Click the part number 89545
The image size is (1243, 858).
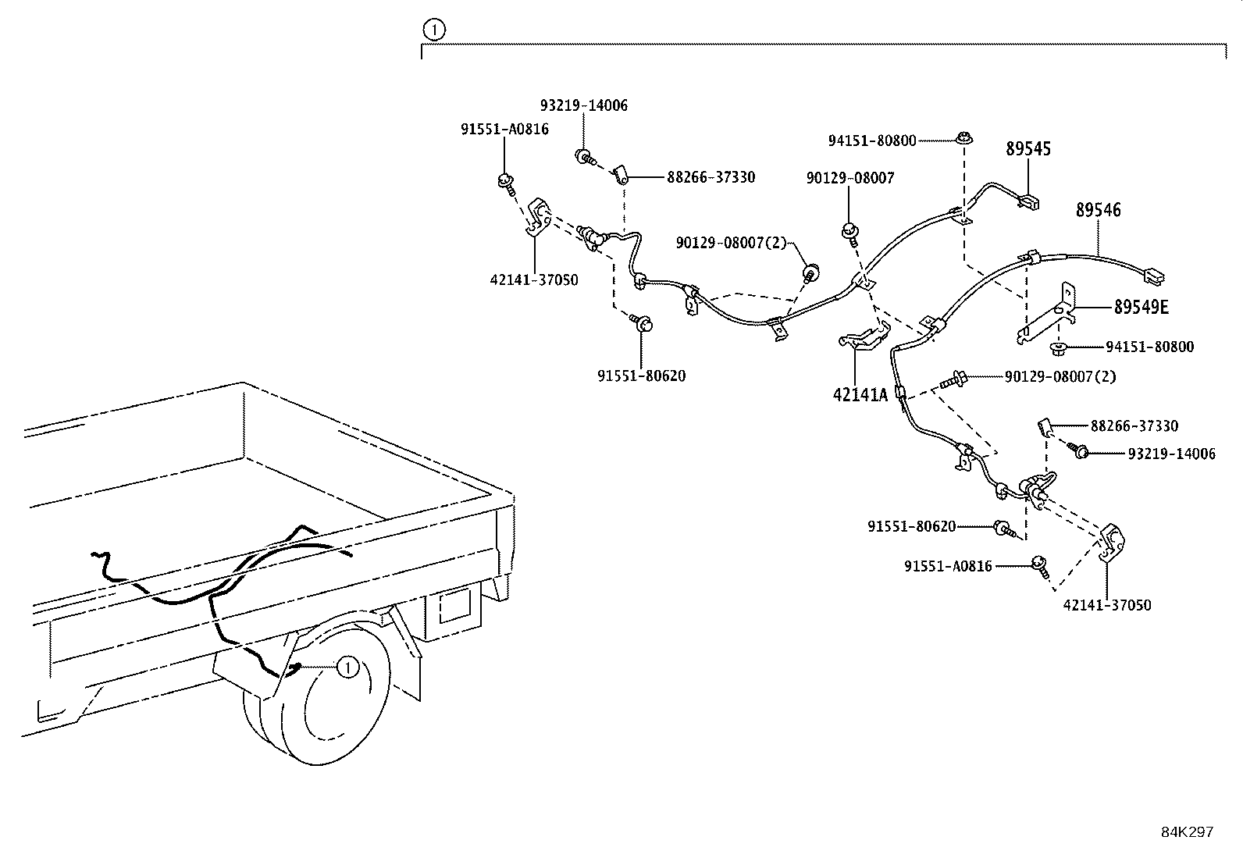(x=1028, y=148)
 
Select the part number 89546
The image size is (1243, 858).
(x=1098, y=209)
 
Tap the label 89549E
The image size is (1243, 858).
(x=1141, y=307)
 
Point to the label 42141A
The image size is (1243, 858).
(x=860, y=395)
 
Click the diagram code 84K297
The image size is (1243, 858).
(x=1187, y=832)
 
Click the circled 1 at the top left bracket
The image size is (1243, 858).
(x=434, y=30)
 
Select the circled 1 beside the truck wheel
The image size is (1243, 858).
(x=347, y=667)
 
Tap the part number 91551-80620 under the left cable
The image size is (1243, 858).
(x=641, y=376)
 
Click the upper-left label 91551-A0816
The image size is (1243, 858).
(x=504, y=130)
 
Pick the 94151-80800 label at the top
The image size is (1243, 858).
(x=871, y=141)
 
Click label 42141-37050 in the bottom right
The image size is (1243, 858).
(x=1106, y=605)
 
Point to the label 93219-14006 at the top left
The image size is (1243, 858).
(x=583, y=105)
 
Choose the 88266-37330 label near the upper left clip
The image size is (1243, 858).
(x=711, y=177)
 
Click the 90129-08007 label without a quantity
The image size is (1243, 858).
(x=849, y=178)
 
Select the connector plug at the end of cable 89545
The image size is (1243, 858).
(x=1030, y=202)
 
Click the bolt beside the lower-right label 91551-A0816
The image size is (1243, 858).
(x=1039, y=564)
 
